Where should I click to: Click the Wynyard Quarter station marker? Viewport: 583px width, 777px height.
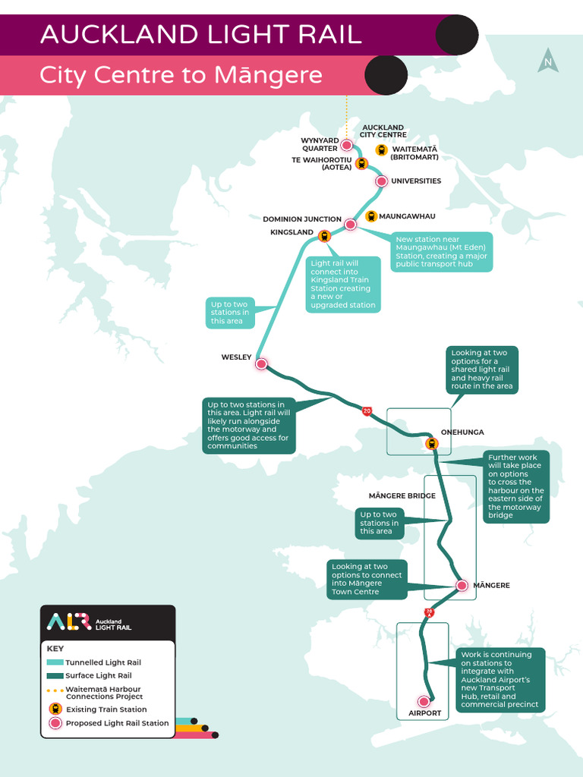[x=347, y=145]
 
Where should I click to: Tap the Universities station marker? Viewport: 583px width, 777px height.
[x=382, y=181]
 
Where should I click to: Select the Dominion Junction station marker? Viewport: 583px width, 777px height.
[x=351, y=225]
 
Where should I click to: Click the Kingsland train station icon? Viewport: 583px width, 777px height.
[x=325, y=236]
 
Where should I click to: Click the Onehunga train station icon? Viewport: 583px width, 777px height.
[x=432, y=444]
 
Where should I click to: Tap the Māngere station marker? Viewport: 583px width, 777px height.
[x=462, y=585]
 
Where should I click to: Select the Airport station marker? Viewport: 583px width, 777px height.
[x=424, y=702]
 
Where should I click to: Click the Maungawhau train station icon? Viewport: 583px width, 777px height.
[x=371, y=216]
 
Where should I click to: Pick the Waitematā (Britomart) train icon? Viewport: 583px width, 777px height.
[x=382, y=150]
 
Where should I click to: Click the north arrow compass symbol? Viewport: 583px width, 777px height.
[x=547, y=61]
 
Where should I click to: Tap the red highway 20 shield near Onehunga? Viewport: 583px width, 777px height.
[x=367, y=411]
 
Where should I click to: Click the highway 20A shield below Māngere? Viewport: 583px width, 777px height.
[x=429, y=612]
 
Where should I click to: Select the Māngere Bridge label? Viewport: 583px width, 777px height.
[x=402, y=495]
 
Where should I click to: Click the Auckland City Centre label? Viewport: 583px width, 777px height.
[x=383, y=131]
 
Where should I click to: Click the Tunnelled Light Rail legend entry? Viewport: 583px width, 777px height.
[x=102, y=662]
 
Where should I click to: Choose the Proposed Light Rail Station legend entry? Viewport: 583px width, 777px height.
[x=117, y=723]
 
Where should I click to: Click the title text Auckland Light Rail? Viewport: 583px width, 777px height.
[x=200, y=35]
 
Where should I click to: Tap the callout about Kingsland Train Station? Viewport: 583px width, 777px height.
[x=342, y=284]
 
